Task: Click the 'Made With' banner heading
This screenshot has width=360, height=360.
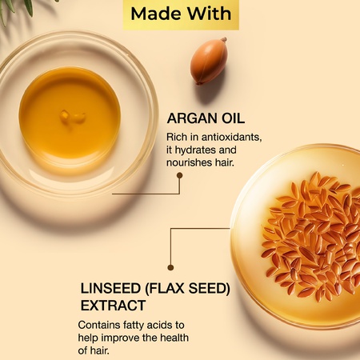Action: [180, 14]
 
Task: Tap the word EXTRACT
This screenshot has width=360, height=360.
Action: [113, 306]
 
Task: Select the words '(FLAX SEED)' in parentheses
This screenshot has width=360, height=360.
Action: [191, 289]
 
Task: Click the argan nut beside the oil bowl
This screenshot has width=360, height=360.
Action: [209, 61]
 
